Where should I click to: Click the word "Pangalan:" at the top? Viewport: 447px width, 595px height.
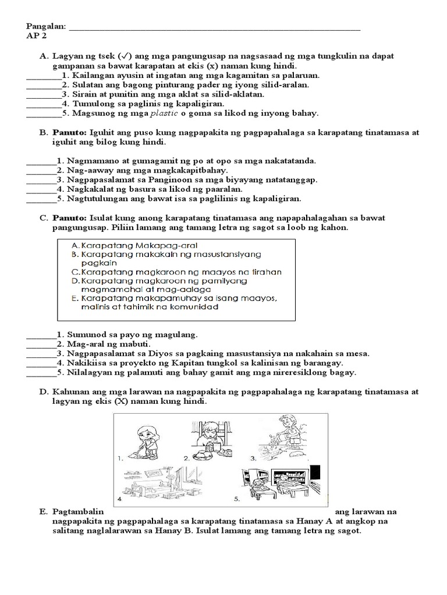point(46,27)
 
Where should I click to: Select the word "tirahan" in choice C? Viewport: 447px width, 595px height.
point(262,271)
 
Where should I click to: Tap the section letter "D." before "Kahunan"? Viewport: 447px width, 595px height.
point(44,392)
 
